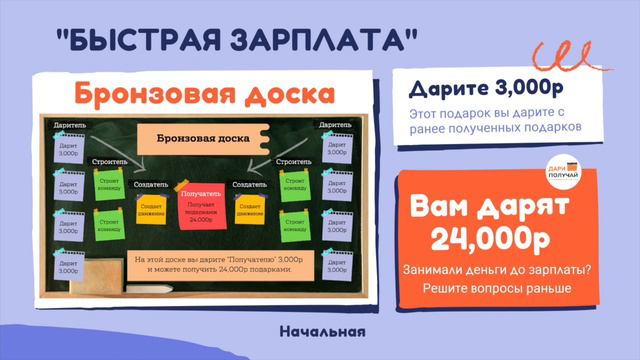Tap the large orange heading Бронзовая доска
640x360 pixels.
click(x=201, y=94)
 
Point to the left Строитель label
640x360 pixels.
click(x=108, y=161)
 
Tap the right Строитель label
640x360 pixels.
click(x=290, y=161)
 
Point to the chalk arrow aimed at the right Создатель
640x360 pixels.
click(x=261, y=160)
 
